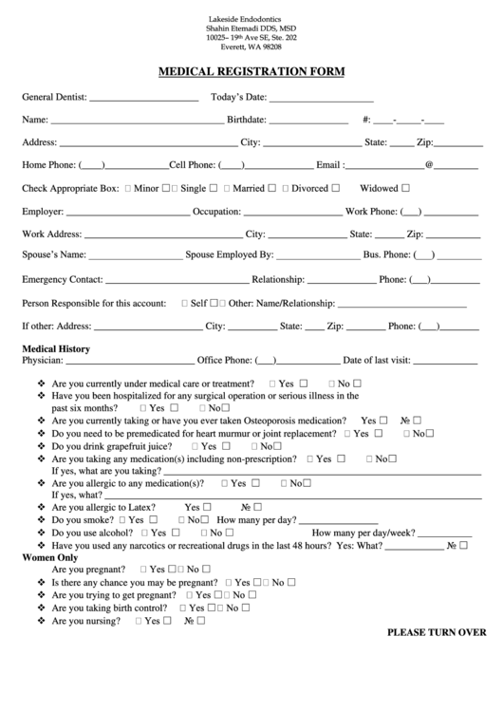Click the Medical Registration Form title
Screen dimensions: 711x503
tap(251, 71)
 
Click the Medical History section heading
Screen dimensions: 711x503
tap(56, 348)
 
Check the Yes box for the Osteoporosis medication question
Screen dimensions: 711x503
tap(384, 420)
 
